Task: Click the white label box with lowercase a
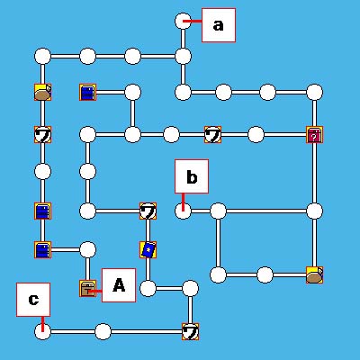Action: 219,25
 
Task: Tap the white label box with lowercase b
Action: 192,176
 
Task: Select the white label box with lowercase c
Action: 33,300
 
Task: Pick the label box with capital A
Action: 119,285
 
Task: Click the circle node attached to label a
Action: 183,22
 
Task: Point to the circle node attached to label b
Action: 183,211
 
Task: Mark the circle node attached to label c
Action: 42,332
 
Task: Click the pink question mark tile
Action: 314,135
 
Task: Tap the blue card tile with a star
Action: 148,250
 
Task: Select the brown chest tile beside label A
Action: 88,289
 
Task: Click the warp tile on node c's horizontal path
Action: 190,332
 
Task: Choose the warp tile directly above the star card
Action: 148,211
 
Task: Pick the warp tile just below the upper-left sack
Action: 42,135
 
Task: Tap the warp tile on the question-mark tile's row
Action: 212,135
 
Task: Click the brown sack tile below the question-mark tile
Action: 314,274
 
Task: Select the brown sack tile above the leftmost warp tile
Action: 42,92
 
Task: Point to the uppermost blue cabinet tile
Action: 88,92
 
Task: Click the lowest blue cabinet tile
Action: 42,250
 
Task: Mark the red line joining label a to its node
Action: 193,22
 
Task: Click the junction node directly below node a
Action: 183,57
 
